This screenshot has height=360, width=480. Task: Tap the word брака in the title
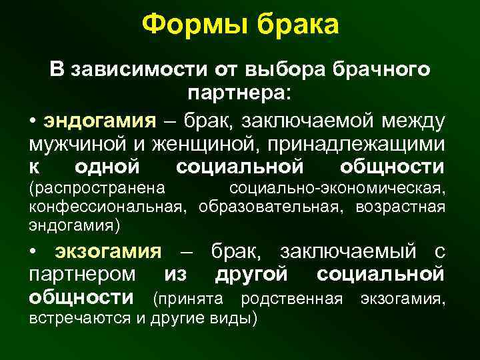[x=291, y=25]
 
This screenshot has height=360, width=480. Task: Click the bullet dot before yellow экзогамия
[x=33, y=251]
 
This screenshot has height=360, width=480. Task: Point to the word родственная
[x=291, y=296]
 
